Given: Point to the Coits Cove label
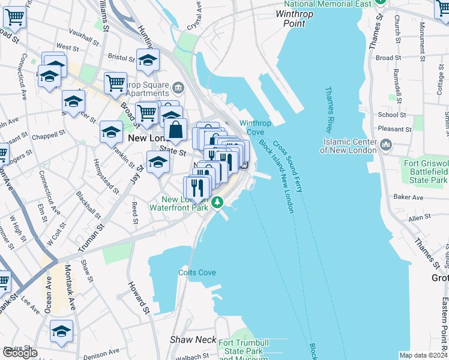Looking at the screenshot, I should click(x=197, y=272).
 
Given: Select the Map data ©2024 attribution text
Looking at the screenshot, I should click(x=423, y=355).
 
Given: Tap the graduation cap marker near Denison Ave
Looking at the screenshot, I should click(x=62, y=331).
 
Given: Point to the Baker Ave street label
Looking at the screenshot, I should click(x=408, y=197).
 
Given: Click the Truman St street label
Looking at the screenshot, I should click(x=91, y=237).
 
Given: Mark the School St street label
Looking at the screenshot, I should click(x=391, y=115).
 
